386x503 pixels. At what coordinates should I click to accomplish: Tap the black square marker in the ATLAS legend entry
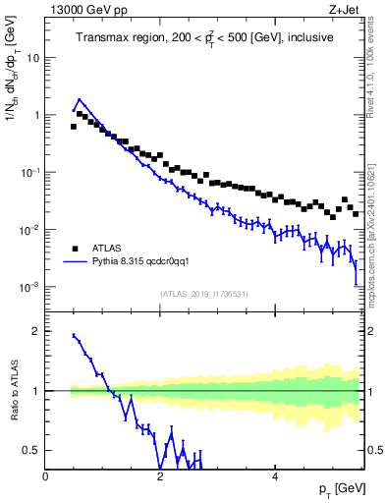(74, 250)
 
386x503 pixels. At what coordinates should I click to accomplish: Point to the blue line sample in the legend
(74, 262)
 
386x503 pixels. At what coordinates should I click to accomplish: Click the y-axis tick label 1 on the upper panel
(35, 115)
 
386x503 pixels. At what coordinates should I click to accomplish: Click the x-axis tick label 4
(275, 476)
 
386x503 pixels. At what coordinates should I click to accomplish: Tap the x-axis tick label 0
(46, 476)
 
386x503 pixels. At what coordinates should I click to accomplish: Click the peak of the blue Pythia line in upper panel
(79, 99)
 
